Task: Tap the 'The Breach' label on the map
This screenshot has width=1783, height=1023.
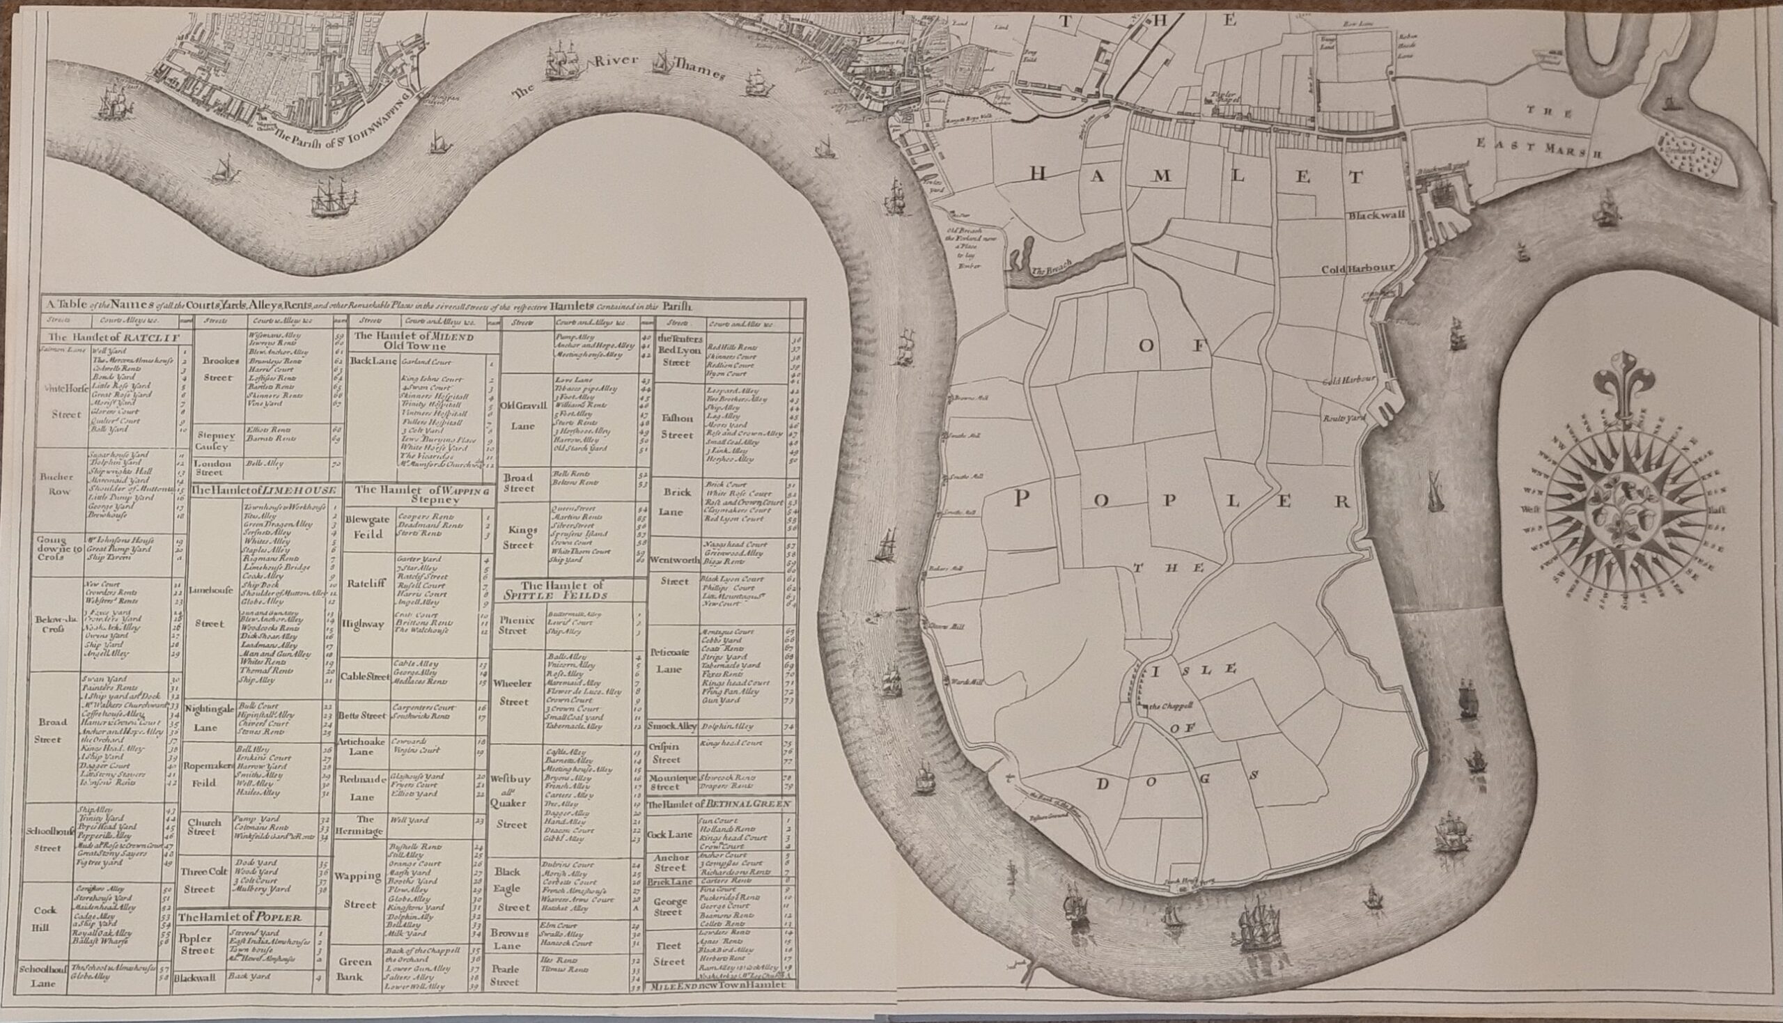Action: [1051, 267]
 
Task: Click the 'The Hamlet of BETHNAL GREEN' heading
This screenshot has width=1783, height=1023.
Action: [719, 804]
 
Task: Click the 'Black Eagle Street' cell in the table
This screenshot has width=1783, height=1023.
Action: [517, 889]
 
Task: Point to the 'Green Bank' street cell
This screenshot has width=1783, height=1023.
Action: [355, 969]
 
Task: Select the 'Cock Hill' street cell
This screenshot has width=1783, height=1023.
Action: [45, 917]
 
